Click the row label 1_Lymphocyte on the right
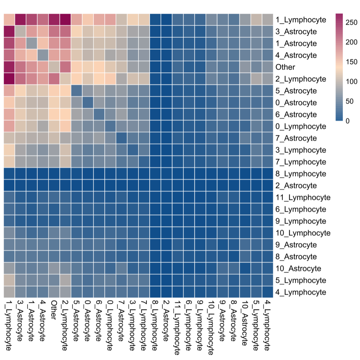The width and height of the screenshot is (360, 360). tap(300, 20)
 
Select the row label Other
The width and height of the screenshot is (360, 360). tap(285, 67)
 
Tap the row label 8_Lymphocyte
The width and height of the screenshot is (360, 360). tap(300, 174)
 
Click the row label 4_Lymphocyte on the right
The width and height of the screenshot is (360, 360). tap(300, 292)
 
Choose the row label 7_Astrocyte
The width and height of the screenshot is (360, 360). tap(296, 138)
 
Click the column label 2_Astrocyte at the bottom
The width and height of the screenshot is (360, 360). tap(166, 319)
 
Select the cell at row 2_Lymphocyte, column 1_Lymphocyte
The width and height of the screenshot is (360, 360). tap(9, 79)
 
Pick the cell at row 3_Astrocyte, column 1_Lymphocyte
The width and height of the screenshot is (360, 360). tap(9, 32)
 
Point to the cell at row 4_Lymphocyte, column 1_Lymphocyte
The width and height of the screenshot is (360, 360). tap(9, 292)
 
